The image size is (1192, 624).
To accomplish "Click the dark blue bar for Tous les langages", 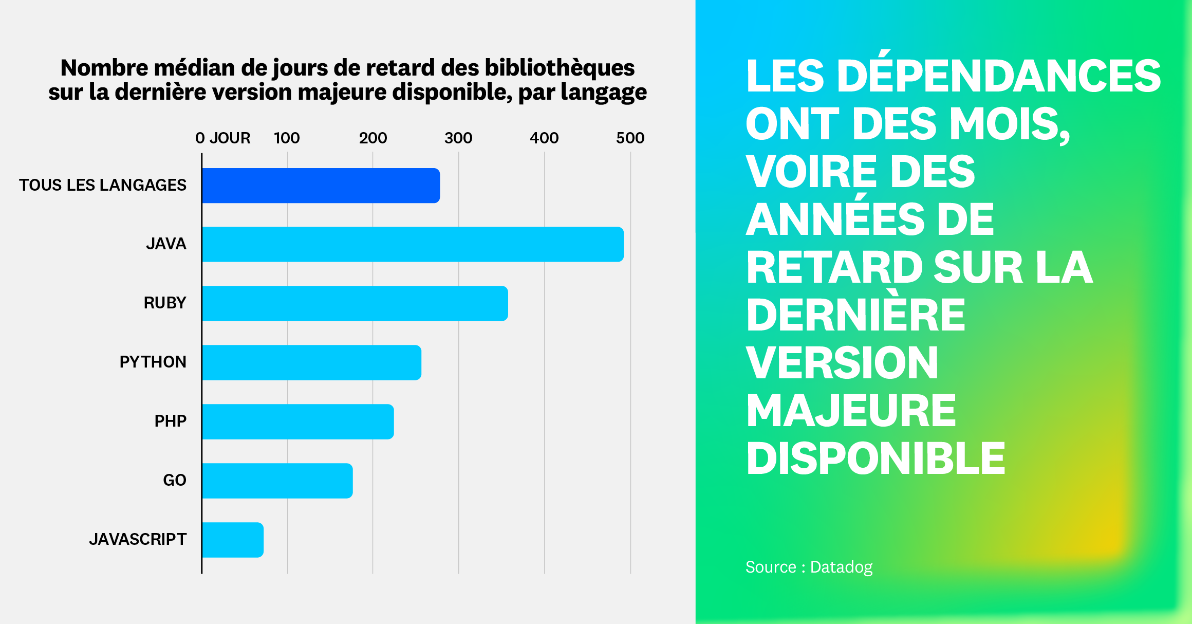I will tap(321, 186).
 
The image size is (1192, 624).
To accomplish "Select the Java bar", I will tap(413, 244).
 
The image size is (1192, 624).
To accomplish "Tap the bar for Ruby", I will tap(355, 303).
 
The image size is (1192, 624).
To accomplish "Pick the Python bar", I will tap(311, 362).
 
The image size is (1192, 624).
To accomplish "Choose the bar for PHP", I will tap(297, 421).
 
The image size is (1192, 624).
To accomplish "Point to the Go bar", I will tap(277, 481).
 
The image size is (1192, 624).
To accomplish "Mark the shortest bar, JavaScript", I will tap(232, 540).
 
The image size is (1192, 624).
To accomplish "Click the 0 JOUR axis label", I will tap(222, 138).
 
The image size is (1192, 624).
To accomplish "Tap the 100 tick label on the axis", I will tap(287, 138).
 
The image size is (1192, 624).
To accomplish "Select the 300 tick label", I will tap(458, 138).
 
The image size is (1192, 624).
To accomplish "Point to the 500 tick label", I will tap(630, 138).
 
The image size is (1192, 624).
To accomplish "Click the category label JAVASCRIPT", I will tap(138, 539).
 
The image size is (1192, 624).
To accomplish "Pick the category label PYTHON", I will tap(153, 362).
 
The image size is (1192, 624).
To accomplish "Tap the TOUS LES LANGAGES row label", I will tap(103, 185).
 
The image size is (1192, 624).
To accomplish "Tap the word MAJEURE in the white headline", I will tap(851, 411).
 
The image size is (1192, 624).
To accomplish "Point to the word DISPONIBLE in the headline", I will tap(876, 458).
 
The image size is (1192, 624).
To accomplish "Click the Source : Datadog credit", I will tap(809, 567).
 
